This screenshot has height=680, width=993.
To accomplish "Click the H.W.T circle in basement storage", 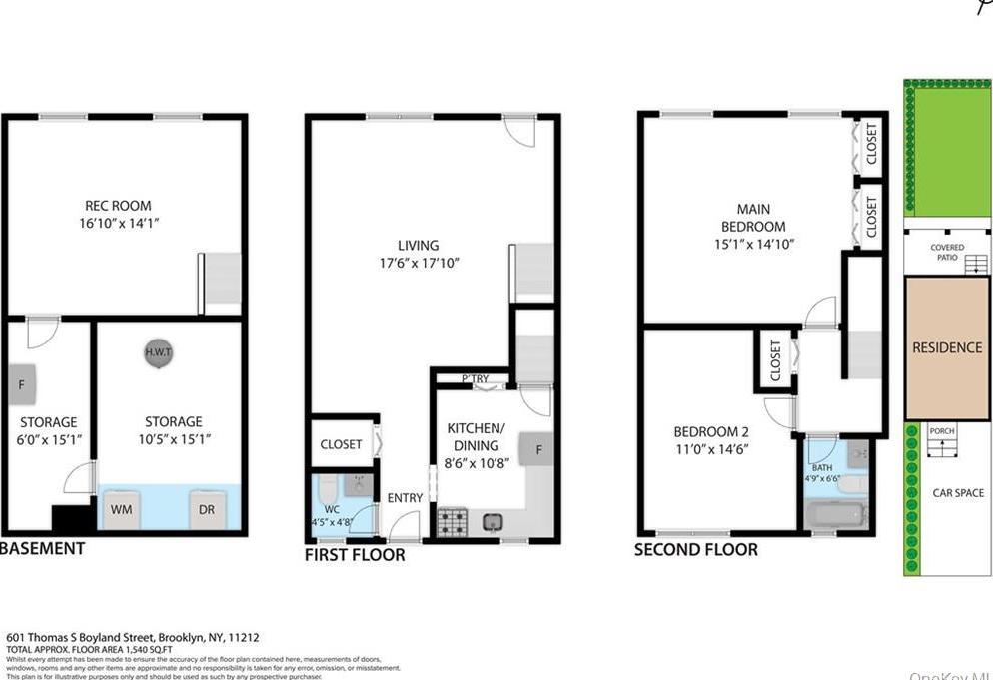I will pos(157,353).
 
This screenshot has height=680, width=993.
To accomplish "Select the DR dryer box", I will pos(208,509).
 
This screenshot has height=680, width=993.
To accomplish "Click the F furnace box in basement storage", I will pos(21,382).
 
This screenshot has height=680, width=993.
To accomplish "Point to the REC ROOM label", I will pos(118,206).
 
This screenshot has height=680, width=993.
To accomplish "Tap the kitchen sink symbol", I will pos(492,522).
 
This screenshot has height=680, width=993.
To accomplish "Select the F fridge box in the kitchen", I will pos(538,450).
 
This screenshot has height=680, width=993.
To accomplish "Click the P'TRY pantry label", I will pos(476,379).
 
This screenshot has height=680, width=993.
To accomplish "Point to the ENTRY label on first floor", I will pos(405,498).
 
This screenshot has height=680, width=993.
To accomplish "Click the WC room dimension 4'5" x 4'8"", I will pos(331,520).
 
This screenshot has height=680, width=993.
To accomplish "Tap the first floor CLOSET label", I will pos(341,444).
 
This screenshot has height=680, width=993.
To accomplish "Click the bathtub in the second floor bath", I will pos(836,515).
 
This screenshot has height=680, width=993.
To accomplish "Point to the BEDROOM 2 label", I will pos(710,431).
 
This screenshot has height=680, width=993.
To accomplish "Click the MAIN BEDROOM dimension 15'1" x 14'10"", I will pos(754,244).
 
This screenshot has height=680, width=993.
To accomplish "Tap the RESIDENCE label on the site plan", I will pos(946,347).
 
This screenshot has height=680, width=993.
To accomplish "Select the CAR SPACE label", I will pos(957,493).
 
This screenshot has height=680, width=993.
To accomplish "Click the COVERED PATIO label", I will pos(946,253).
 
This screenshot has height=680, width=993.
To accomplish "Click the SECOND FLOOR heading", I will pos(696,549).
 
